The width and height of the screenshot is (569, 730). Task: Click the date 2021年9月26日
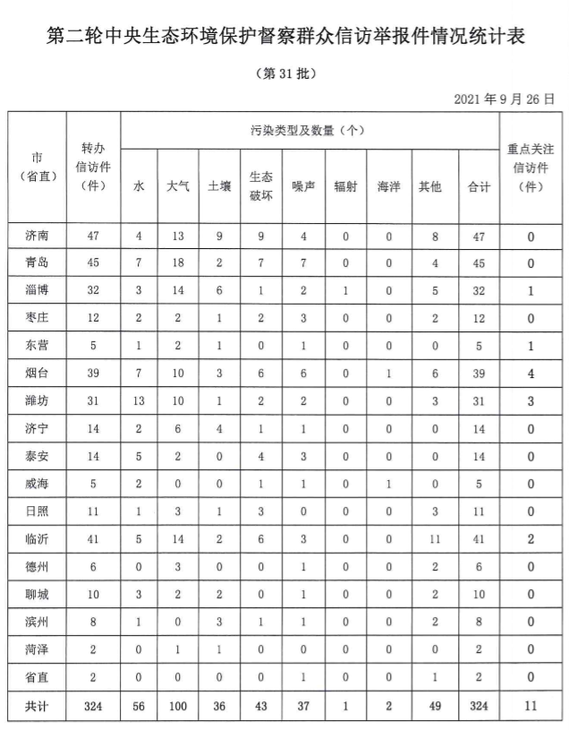click(504, 98)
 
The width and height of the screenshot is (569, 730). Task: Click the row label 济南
click(38, 237)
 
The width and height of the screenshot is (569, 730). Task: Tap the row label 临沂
click(38, 540)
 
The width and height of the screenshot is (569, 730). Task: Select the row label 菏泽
click(38, 650)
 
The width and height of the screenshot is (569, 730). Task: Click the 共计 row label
click(38, 708)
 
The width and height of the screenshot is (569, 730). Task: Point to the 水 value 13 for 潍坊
click(139, 401)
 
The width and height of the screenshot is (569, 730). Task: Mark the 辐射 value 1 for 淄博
click(345, 290)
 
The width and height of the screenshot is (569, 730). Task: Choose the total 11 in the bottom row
click(531, 708)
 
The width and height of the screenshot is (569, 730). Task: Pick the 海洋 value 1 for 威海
click(388, 485)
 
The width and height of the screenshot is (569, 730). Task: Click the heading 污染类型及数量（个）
click(306, 130)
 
